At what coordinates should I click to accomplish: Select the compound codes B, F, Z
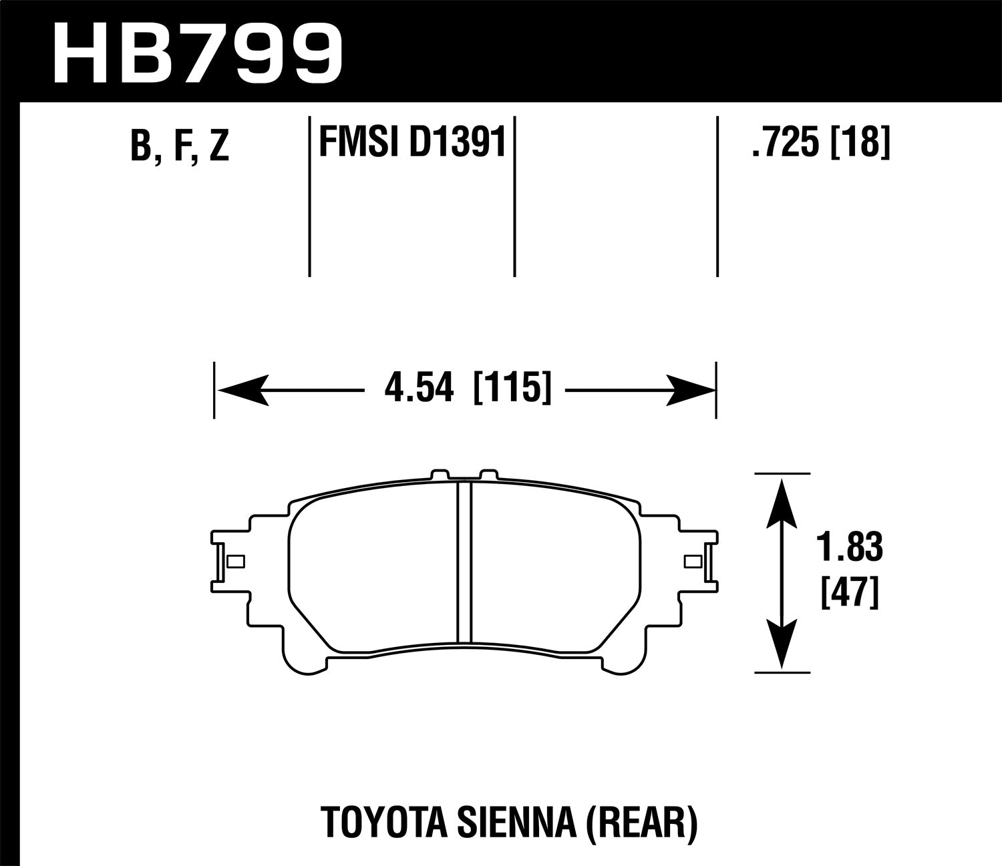[x=180, y=145]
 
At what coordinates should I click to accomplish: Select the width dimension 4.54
[x=419, y=387]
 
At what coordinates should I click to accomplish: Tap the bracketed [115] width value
[x=512, y=387]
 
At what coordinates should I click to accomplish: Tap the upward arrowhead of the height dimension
[x=781, y=501]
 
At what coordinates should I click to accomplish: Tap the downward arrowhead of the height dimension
[x=781, y=644]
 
